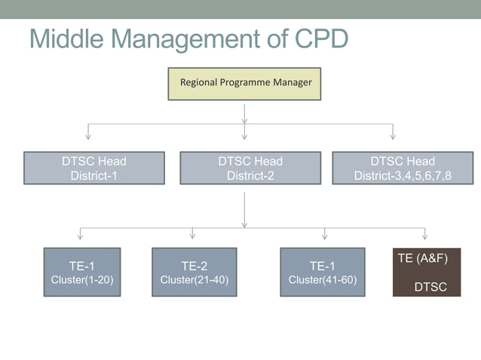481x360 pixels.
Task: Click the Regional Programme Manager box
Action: point(244,84)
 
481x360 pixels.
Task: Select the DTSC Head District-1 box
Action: point(94,168)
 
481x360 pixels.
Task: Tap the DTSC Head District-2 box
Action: point(250,168)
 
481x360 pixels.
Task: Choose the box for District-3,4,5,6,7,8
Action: point(403,168)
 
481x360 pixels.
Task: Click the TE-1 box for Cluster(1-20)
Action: point(81,272)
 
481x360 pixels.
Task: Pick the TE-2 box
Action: point(194,272)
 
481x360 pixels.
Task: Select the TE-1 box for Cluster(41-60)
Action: point(323,272)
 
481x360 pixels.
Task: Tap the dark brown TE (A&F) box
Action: point(426,272)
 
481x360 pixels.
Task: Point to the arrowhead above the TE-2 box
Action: point(193,236)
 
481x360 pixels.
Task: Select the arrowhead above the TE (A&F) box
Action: point(425,236)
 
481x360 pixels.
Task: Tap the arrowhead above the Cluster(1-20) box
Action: point(80,236)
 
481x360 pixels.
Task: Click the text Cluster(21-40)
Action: point(194,280)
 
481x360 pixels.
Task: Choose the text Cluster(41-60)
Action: point(323,280)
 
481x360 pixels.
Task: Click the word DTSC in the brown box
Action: point(430,288)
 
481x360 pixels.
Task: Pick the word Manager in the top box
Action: point(292,82)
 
